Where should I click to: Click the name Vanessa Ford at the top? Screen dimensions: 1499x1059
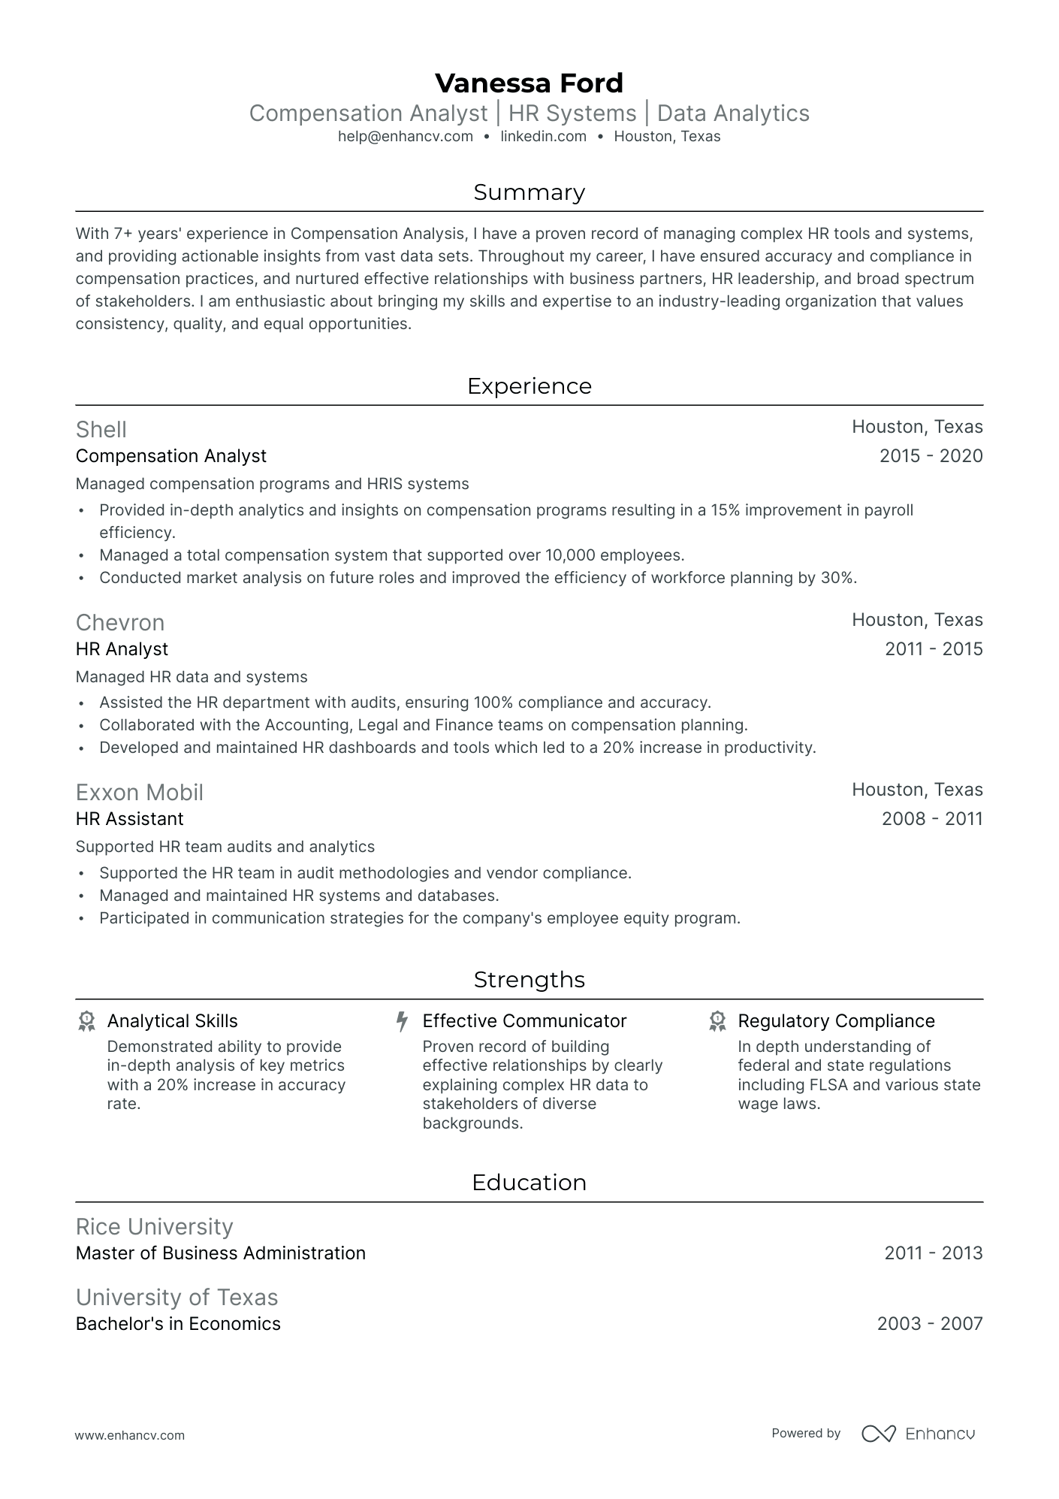point(529,83)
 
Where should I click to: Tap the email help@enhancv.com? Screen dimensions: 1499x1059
point(405,137)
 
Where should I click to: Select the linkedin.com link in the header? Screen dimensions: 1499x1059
point(543,137)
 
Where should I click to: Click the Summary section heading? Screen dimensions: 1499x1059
point(529,192)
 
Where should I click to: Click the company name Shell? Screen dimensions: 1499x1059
point(101,430)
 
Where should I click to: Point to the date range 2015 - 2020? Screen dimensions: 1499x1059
point(931,456)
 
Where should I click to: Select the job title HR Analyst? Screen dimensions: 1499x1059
point(122,649)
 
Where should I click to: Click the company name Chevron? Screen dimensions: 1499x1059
point(120,623)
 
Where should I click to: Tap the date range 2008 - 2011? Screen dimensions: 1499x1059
point(932,819)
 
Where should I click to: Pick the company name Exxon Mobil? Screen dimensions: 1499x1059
point(140,793)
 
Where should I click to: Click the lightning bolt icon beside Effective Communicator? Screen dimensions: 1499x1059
point(403,1021)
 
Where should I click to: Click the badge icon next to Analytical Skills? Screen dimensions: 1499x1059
point(87,1021)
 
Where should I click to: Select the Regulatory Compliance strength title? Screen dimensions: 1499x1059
point(836,1021)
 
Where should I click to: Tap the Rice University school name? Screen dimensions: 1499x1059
point(155,1227)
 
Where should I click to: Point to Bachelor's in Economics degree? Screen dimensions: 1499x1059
point(178,1324)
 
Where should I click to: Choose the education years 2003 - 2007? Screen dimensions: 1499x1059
point(930,1324)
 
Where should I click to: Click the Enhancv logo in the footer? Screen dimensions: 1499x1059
point(918,1434)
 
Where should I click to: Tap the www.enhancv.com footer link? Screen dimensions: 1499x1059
point(130,1435)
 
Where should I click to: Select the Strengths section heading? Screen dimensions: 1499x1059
point(529,980)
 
